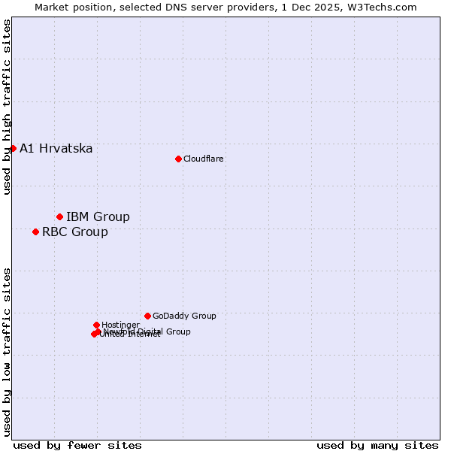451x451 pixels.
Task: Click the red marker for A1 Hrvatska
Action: click(13, 148)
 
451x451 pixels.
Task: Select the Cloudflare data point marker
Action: click(178, 159)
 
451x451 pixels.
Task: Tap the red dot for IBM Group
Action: click(59, 216)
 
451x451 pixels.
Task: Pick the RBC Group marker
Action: click(35, 232)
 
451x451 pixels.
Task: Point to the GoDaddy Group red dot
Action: click(147, 316)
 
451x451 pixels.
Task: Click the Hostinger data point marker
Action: click(96, 325)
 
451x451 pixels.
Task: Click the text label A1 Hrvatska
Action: click(56, 148)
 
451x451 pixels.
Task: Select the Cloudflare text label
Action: click(204, 159)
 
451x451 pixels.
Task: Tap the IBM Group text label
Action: click(98, 216)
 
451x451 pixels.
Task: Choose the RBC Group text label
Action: click(75, 232)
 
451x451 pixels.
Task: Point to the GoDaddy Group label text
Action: click(184, 316)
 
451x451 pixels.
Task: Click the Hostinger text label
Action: click(120, 325)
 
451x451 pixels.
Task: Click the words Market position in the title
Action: click(71, 7)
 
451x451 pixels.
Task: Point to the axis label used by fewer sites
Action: click(77, 445)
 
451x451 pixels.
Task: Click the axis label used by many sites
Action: click(377, 445)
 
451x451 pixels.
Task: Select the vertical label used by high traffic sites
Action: click(7, 107)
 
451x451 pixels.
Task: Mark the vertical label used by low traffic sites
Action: click(7, 351)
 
